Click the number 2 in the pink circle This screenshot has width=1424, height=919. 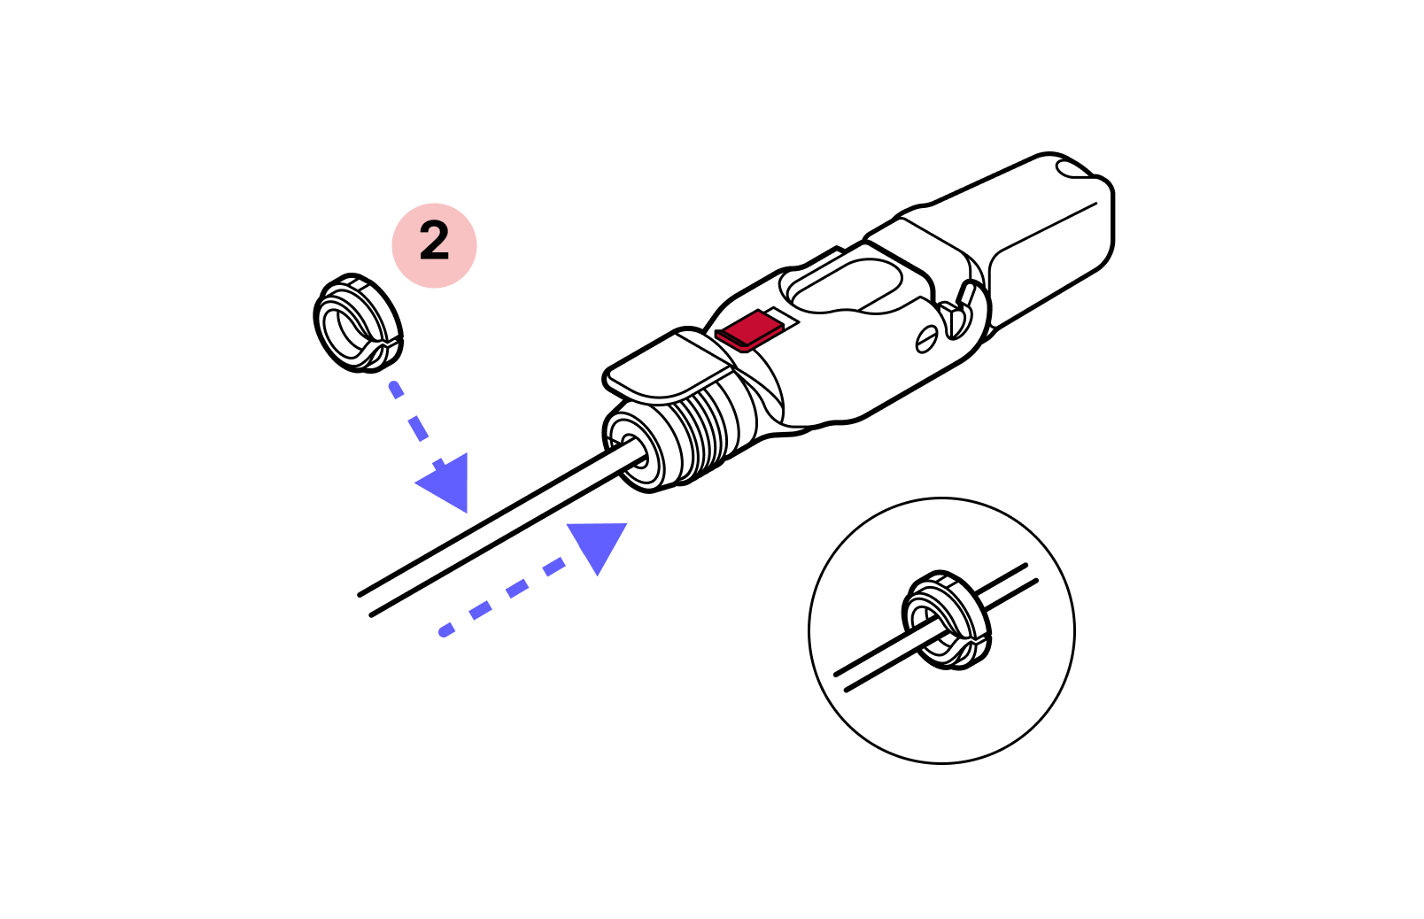434,242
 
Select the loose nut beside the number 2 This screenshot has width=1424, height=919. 358,323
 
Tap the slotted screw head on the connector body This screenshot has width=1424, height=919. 927,339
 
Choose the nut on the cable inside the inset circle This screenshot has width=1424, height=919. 946,621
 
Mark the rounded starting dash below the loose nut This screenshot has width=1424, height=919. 396,390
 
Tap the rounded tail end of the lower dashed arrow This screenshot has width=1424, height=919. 445,630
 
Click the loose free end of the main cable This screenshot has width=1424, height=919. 365,605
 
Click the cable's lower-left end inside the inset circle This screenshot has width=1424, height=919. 840,682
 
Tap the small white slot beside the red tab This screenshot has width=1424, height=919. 782,316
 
